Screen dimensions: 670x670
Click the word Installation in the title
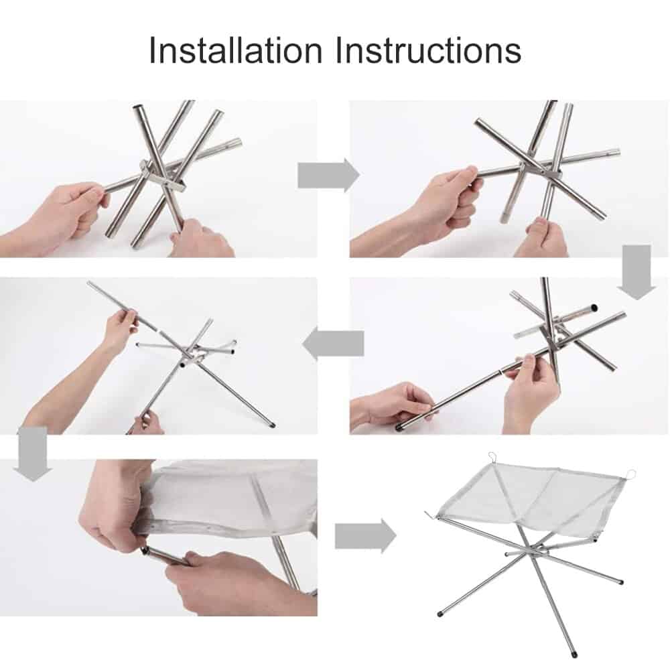pyautogui.click(x=235, y=50)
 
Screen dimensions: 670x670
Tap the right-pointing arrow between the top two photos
pyautogui.click(x=328, y=175)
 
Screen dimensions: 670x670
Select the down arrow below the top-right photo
pyautogui.click(x=636, y=272)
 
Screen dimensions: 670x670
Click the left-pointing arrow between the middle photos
pyautogui.click(x=333, y=343)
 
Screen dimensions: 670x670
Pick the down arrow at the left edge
pyautogui.click(x=32, y=454)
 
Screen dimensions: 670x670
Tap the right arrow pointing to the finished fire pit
pyautogui.click(x=366, y=536)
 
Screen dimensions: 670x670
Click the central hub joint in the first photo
pyautogui.click(x=162, y=176)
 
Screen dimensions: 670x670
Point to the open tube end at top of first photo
pyautogui.click(x=139, y=108)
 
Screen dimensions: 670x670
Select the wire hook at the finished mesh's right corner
pyautogui.click(x=630, y=474)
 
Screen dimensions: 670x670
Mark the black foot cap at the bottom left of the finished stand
pyautogui.click(x=440, y=613)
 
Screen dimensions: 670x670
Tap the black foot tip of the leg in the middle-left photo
pyautogui.click(x=273, y=425)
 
